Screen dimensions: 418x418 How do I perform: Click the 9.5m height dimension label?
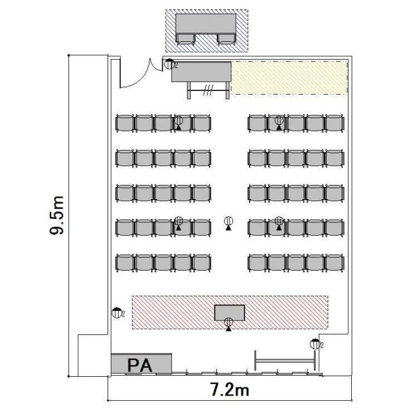pos(57,215)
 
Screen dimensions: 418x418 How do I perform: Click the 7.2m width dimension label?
pos(230,390)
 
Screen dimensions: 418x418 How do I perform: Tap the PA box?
pos(142,363)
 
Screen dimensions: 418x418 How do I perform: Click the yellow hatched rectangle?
pos(289,77)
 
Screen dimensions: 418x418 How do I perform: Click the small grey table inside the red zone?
pos(230,313)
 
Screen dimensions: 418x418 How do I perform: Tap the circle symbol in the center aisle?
pos(229,221)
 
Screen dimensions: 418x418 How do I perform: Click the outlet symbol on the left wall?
pos(116,313)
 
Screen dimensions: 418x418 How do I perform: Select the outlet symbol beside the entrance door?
pos(169,64)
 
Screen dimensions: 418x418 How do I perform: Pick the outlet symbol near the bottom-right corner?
pos(315,344)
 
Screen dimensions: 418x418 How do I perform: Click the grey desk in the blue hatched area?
pos(206,23)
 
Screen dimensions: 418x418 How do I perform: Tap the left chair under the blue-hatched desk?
pos(186,39)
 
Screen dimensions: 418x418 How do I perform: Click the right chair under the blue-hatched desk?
pos(226,39)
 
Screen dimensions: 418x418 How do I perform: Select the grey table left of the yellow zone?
pos(201,72)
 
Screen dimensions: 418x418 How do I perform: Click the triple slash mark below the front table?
pos(208,90)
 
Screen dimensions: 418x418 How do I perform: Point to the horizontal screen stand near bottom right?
pos(285,361)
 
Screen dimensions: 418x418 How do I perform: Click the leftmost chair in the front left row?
pos(125,123)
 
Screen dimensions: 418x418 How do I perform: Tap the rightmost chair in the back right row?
pos(335,263)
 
